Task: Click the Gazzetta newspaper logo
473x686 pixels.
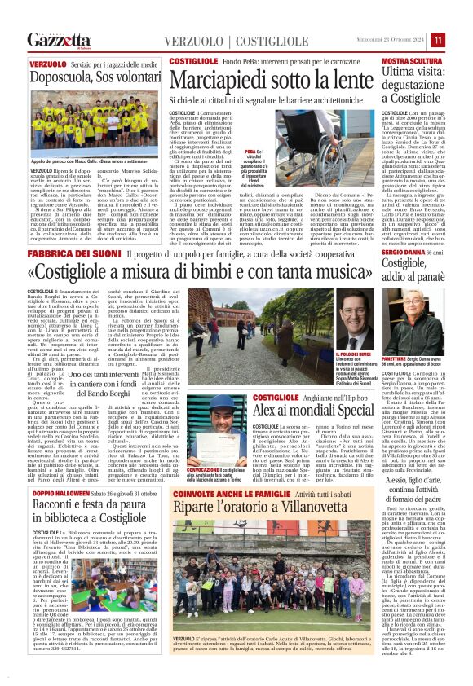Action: point(58,39)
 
